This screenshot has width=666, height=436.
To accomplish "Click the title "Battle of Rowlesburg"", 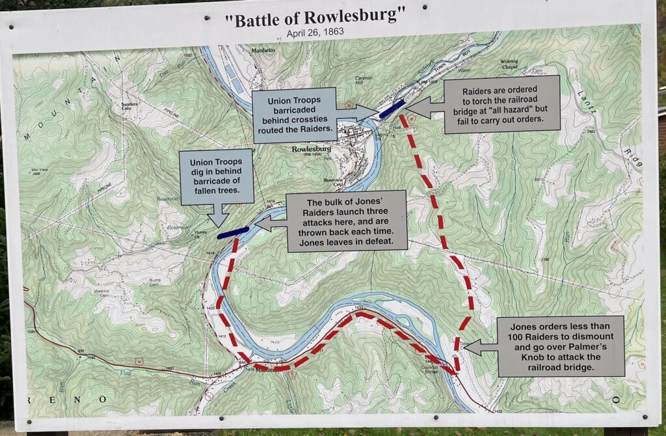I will click(315, 19).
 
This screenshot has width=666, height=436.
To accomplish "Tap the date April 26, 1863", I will click(315, 32).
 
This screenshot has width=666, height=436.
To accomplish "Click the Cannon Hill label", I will click(364, 81).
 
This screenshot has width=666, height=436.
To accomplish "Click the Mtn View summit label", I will click(40, 172).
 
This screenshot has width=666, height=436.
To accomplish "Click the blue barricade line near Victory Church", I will click(233, 232).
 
